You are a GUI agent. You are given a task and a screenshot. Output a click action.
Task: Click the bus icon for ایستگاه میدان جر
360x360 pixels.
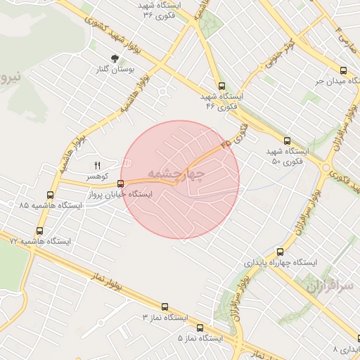(343, 70)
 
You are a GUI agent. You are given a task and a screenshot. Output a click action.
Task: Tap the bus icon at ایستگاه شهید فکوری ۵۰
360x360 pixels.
(287, 140)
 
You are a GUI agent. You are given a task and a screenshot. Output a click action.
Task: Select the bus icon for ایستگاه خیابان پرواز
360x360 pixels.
(121, 184)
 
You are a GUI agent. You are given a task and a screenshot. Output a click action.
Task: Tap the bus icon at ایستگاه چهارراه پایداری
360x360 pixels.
(280, 252)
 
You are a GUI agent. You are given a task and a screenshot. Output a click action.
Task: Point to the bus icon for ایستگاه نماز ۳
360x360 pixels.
(165, 307)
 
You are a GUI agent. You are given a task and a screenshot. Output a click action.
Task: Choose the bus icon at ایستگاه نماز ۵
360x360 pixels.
(200, 328)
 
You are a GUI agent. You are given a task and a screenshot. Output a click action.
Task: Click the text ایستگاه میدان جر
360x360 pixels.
(324, 82)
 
